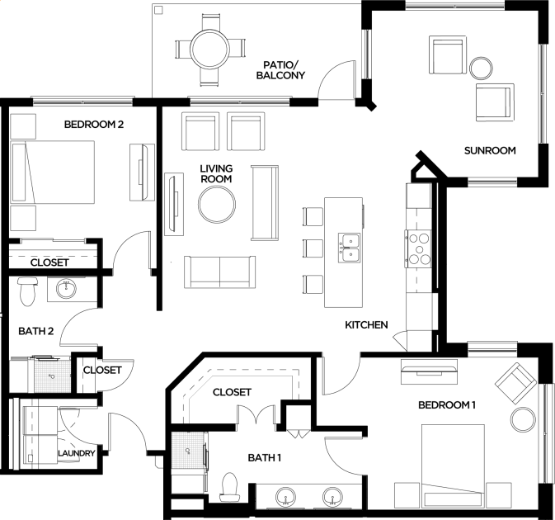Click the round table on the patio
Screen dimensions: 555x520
pyautogui.click(x=209, y=49)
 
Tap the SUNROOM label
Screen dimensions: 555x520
pyautogui.click(x=490, y=150)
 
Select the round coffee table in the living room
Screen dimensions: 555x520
pyautogui.click(x=217, y=205)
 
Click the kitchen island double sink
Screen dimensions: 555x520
pyautogui.click(x=349, y=248)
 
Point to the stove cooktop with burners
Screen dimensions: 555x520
pyautogui.click(x=418, y=249)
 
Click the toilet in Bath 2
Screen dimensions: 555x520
pyautogui.click(x=27, y=291)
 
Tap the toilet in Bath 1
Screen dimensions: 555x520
pyautogui.click(x=229, y=488)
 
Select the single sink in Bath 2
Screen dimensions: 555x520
pyautogui.click(x=66, y=289)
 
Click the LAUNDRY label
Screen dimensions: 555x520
pyautogui.click(x=77, y=453)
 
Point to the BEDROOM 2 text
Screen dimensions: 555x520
pyautogui.click(x=94, y=125)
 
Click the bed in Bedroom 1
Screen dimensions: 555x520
pyautogui.click(x=453, y=466)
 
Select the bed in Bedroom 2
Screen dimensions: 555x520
pyautogui.click(x=53, y=173)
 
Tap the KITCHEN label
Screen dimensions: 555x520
pyautogui.click(x=366, y=325)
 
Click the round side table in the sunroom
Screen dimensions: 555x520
pyautogui.click(x=481, y=69)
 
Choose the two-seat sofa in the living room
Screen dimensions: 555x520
pyautogui.click(x=219, y=272)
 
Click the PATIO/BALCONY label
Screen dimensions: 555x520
pyautogui.click(x=280, y=70)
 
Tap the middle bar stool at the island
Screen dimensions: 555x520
pyautogui.click(x=313, y=248)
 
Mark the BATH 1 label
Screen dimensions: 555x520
pyautogui.click(x=265, y=458)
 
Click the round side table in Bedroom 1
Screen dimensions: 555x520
pyautogui.click(x=523, y=419)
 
